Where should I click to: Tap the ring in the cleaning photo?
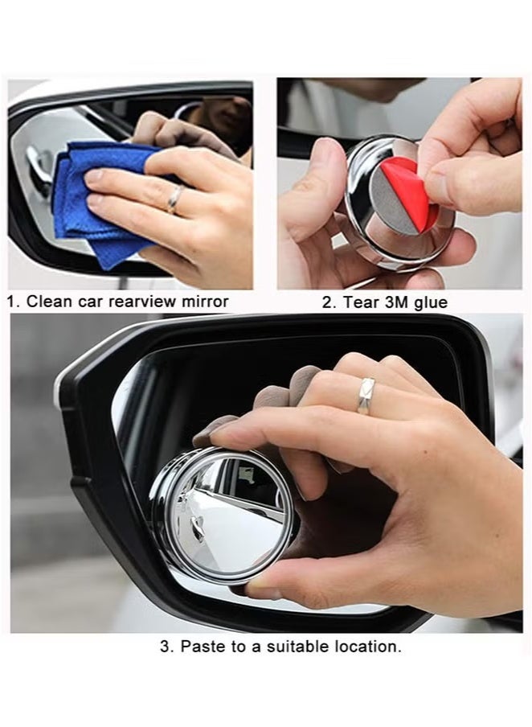pos(174,199)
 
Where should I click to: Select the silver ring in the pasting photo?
pos(366,396)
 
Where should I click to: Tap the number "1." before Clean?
pos(14,302)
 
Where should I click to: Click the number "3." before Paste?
pos(166,647)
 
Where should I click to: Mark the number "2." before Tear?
pos(329,302)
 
